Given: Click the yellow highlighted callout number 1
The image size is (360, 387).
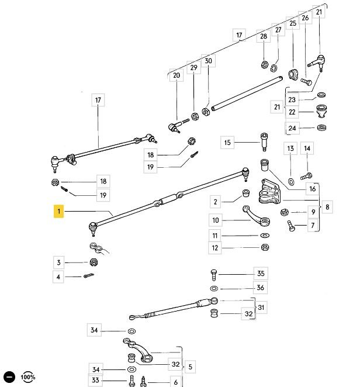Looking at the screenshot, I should tap(59, 210).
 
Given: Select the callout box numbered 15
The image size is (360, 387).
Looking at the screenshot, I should tap(227, 142).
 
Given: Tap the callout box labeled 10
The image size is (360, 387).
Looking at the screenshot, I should tap(216, 220).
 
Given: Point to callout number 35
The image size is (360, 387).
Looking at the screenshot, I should tap(260, 274).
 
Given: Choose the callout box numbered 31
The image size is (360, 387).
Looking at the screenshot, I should tap(261, 307).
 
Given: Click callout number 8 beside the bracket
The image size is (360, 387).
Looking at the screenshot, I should tap(328, 206).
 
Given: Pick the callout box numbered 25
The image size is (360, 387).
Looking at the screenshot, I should tap(292, 23).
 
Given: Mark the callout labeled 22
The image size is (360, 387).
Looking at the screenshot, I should tap(292, 112).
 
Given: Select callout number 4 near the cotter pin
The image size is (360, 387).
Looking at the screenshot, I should tap(58, 277).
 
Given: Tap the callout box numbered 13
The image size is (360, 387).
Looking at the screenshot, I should tap(291, 149).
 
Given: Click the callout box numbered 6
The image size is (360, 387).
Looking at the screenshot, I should tap(175, 382).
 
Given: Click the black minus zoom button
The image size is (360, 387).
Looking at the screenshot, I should tap(9, 377).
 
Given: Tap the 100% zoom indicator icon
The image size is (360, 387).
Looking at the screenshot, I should tap(28, 377).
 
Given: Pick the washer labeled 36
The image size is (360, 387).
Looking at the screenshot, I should tap(213, 289).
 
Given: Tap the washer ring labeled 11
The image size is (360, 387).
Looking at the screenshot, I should tap(264, 235).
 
